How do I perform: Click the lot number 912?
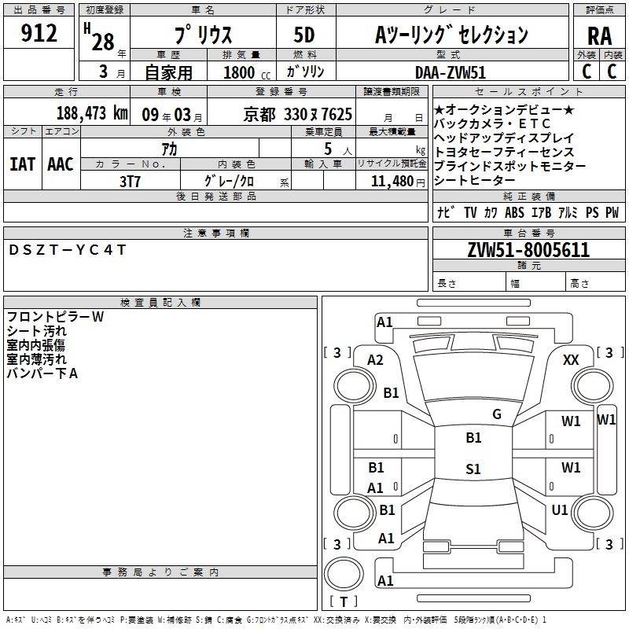click(39, 33)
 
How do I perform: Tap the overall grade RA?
click(599, 36)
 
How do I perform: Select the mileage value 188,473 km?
click(92, 113)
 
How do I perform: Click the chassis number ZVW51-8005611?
click(528, 250)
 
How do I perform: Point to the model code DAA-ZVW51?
click(451, 72)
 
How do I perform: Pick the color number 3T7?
click(130, 182)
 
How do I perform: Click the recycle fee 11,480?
click(392, 182)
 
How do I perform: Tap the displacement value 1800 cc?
click(247, 72)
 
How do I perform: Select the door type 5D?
click(304, 35)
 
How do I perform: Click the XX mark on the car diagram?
click(571, 360)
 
